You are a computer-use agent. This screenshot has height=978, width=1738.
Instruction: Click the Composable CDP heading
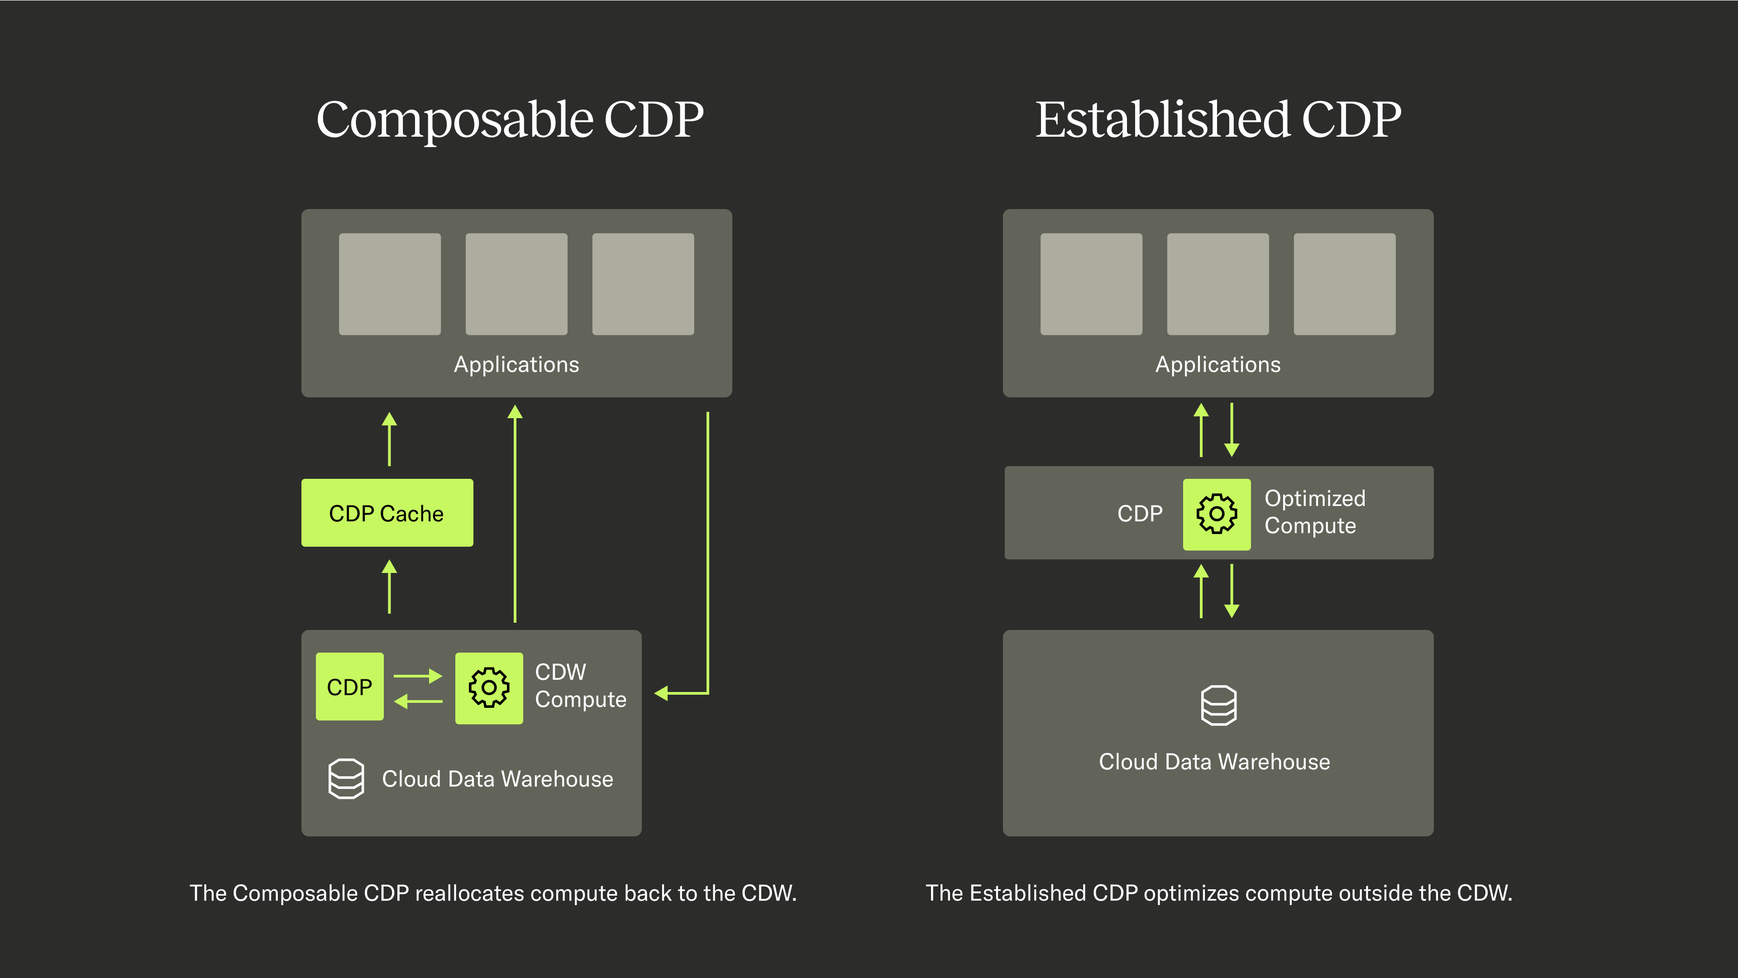510,120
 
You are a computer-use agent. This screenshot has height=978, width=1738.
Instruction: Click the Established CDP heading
1218,120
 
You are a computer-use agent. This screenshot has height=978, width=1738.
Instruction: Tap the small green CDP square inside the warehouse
349,687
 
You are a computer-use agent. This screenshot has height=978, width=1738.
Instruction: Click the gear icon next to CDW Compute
488,687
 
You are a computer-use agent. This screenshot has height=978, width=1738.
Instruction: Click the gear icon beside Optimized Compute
1217,514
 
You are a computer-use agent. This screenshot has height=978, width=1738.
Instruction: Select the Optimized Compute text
1314,512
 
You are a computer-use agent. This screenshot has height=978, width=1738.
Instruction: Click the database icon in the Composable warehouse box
346,778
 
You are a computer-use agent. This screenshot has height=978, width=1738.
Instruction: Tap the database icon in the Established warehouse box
1218,706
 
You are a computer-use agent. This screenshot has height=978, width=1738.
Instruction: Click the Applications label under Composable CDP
516,364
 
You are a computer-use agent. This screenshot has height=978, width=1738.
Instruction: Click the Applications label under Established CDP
1218,364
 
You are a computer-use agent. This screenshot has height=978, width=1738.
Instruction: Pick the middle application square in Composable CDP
516,284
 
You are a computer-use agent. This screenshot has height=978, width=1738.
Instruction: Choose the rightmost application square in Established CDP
1344,284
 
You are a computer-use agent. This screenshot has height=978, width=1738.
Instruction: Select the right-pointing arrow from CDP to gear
418,675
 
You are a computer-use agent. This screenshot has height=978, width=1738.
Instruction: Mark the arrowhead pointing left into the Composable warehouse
661,693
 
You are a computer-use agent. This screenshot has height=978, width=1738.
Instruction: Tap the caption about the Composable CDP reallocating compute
492,893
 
